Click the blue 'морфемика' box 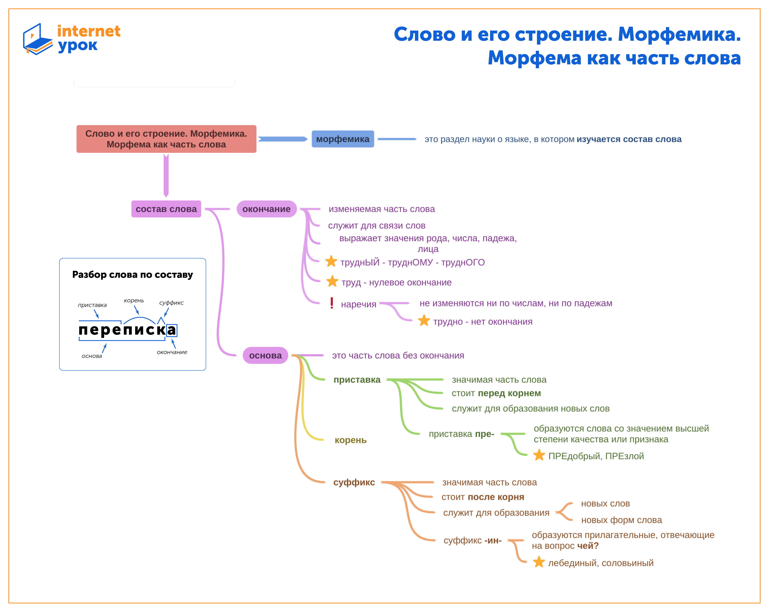pos(343,139)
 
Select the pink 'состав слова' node pos(166,209)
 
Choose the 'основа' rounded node pos(265,356)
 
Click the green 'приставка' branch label pos(357,380)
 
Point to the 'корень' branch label pos(351,440)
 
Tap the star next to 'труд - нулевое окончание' pos(332,281)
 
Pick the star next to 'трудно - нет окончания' pos(424,321)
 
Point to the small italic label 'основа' pos(92,356)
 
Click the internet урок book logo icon pos(37,39)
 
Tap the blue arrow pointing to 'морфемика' pos(282,139)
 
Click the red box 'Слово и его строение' pos(166,139)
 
